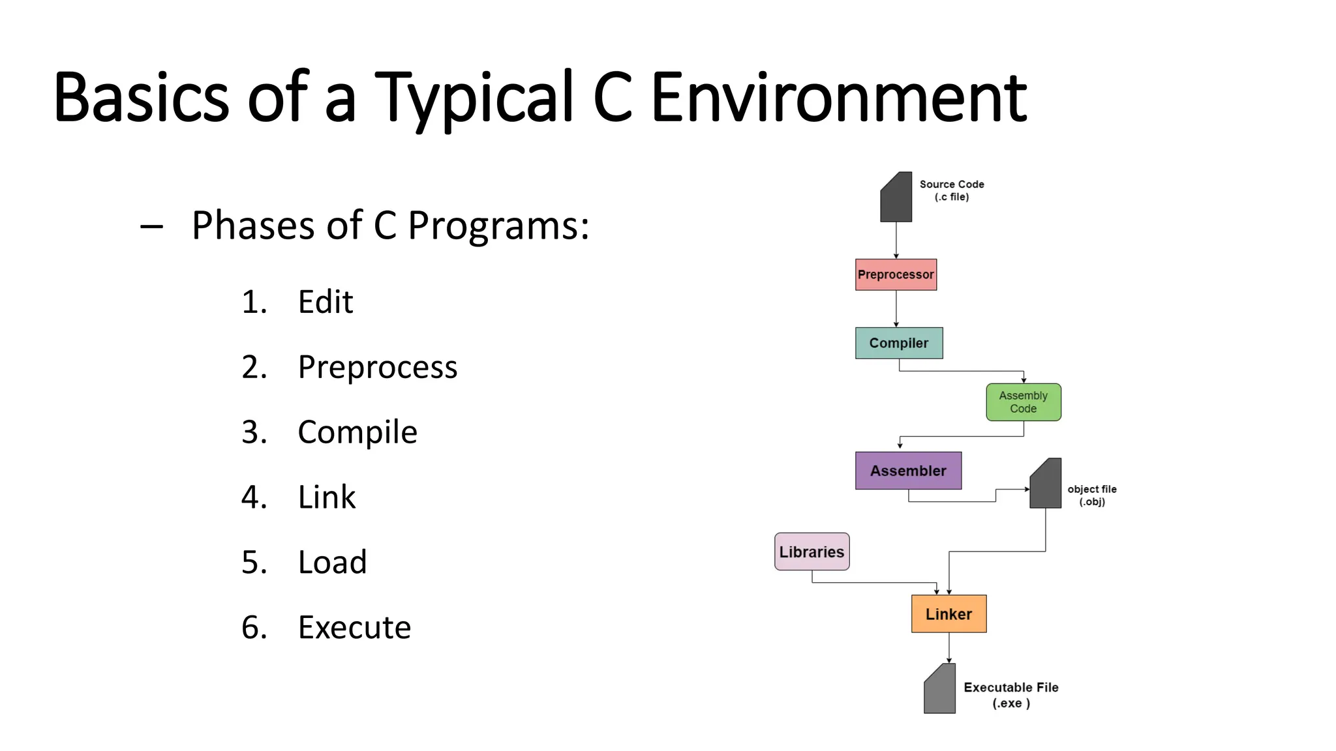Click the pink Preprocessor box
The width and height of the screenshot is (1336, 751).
pyautogui.click(x=896, y=274)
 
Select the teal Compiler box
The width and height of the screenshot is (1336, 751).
pyautogui.click(x=899, y=343)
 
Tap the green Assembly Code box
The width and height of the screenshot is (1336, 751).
pyautogui.click(x=1024, y=402)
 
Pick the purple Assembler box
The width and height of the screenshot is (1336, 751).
pyautogui.click(x=908, y=471)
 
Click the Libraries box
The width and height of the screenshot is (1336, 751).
pyautogui.click(x=812, y=552)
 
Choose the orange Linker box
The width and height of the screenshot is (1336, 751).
pyautogui.click(x=949, y=614)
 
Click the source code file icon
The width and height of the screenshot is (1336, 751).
pyautogui.click(x=896, y=198)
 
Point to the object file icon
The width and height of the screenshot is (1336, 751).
pyautogui.click(x=1046, y=484)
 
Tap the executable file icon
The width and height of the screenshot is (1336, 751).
pyautogui.click(x=940, y=689)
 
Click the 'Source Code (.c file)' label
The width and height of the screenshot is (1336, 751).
pyautogui.click(x=952, y=190)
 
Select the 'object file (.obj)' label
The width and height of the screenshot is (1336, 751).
pyautogui.click(x=1091, y=495)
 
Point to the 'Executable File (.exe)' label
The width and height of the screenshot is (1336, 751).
pyautogui.click(x=1011, y=695)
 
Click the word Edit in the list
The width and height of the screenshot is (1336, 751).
pyautogui.click(x=326, y=302)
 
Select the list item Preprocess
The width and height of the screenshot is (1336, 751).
pyautogui.click(x=378, y=367)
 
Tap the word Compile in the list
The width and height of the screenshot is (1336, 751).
pyautogui.click(x=357, y=432)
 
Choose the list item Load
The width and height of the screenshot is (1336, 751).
pyautogui.click(x=332, y=562)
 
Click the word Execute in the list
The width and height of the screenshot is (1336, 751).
pyautogui.click(x=354, y=627)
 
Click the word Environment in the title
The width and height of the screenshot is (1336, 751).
pyautogui.click(x=839, y=98)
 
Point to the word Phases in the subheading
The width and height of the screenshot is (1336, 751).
pyautogui.click(x=254, y=226)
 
